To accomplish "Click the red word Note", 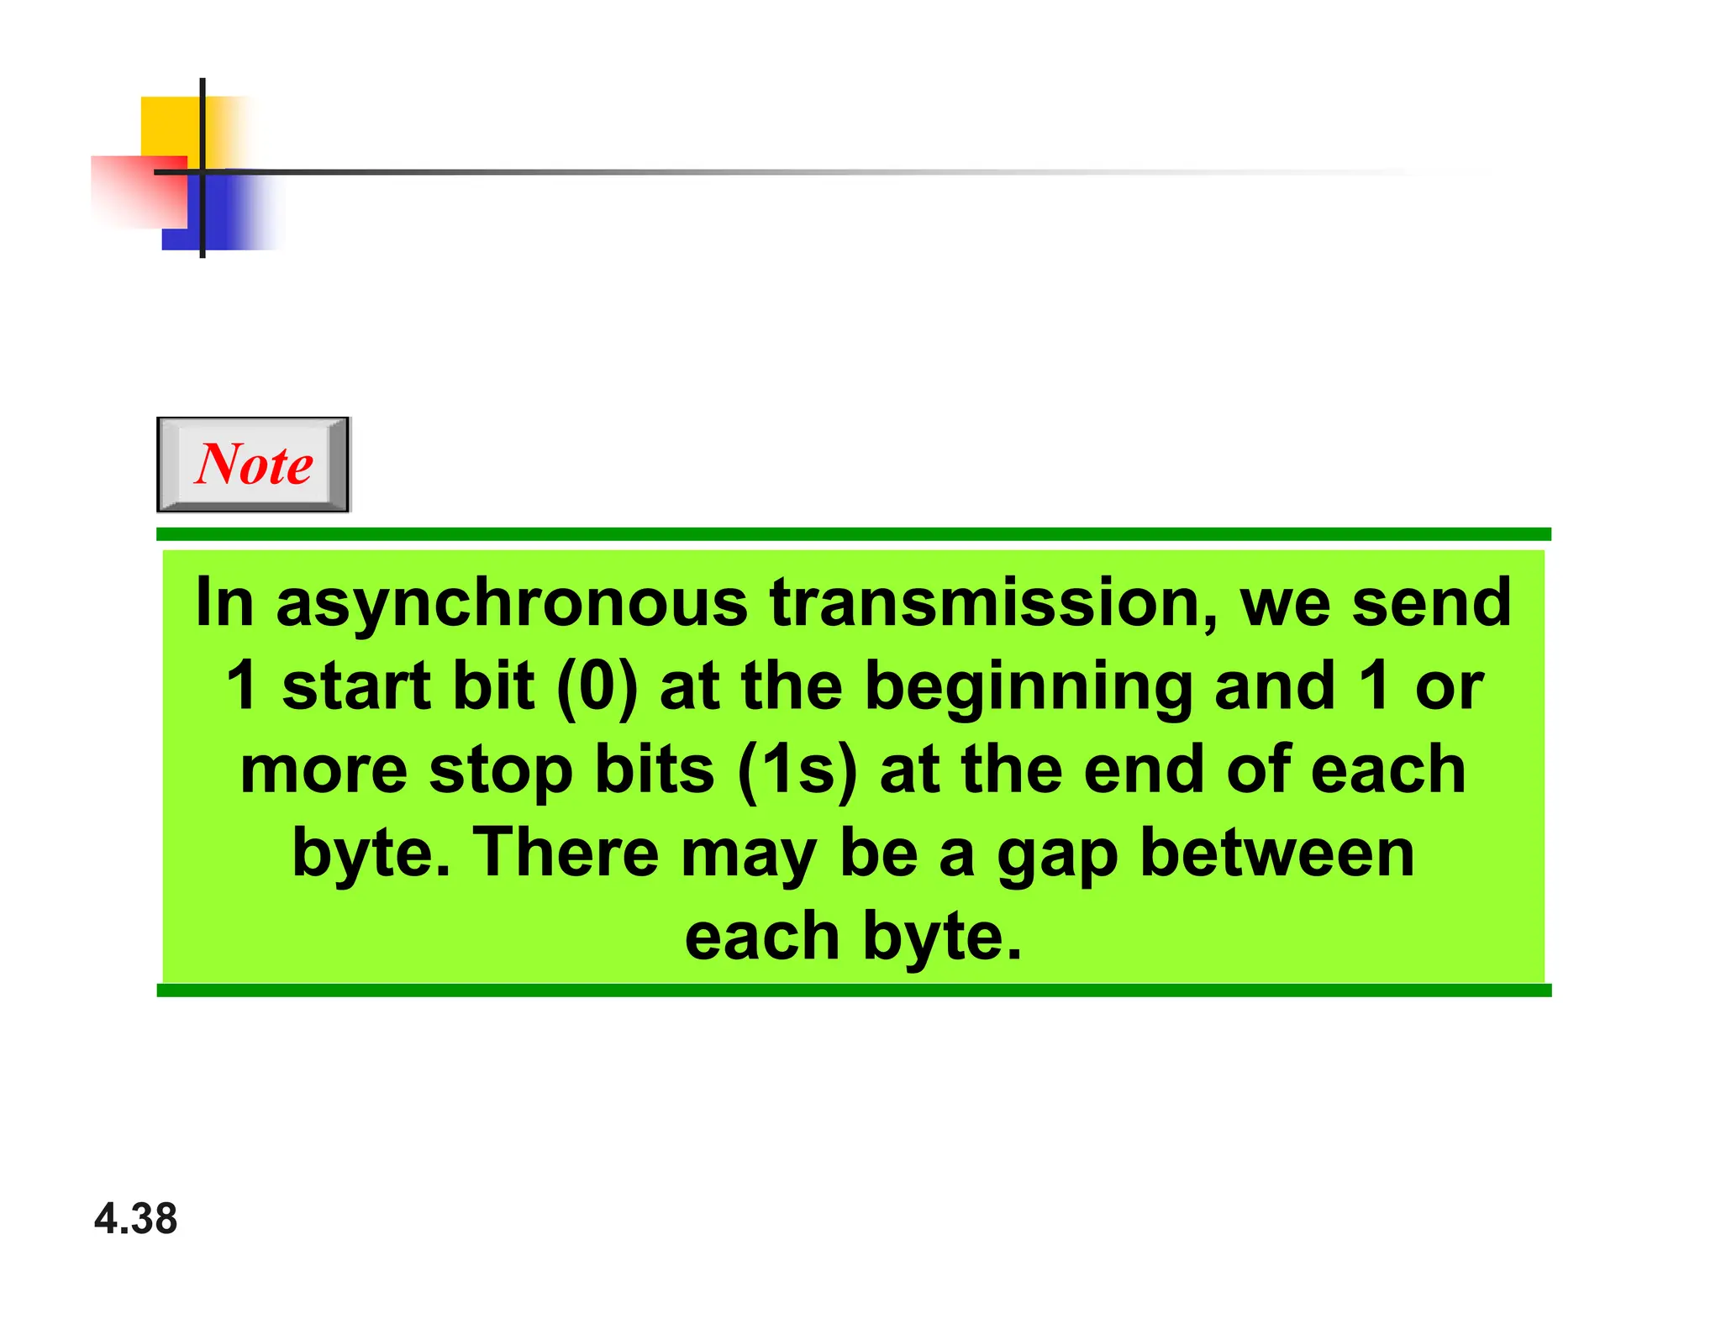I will [x=254, y=464].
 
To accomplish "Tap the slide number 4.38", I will [x=136, y=1218].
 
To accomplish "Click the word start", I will [x=356, y=686].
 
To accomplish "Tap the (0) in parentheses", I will [x=597, y=686].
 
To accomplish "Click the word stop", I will [x=500, y=771].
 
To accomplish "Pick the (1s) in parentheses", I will [x=797, y=770].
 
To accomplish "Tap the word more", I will [x=324, y=770].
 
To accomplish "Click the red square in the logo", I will [x=134, y=193].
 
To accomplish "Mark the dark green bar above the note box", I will [x=854, y=534].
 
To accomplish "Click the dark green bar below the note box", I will [x=854, y=990].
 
